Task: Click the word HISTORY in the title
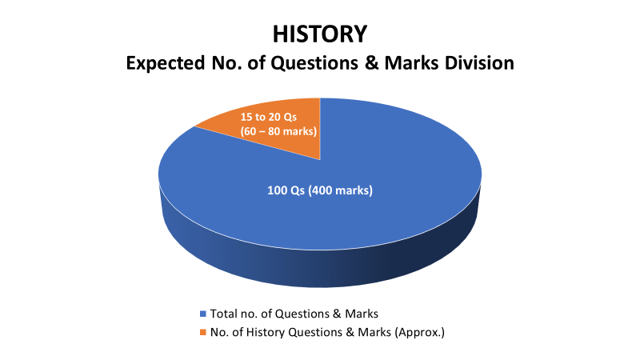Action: tap(320, 34)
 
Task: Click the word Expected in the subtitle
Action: tap(166, 63)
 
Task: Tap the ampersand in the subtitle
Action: tap(371, 63)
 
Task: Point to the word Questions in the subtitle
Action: tap(315, 63)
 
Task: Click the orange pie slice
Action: tap(278, 125)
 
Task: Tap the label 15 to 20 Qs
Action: tap(268, 117)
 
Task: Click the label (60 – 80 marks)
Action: tap(278, 131)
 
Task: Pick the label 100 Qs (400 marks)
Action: tap(320, 190)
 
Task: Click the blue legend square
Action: tap(203, 314)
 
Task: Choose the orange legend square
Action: tap(203, 332)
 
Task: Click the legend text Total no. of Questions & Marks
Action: tap(294, 314)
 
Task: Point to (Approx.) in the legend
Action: tap(419, 332)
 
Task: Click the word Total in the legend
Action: tap(223, 314)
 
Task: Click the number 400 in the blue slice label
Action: tap(322, 190)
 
